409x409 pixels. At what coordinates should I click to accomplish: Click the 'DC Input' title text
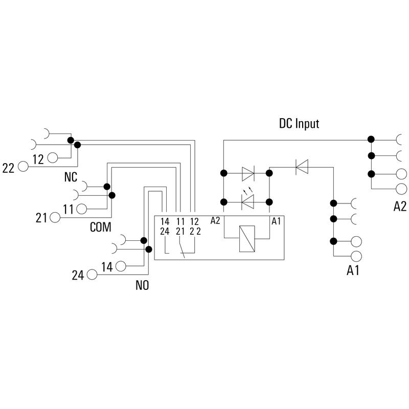pyautogui.click(x=299, y=124)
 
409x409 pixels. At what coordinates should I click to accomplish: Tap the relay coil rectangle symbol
pyautogui.click(x=247, y=239)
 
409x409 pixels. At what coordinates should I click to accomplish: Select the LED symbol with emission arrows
pyautogui.click(x=248, y=202)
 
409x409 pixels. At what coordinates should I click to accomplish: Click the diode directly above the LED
pyautogui.click(x=248, y=173)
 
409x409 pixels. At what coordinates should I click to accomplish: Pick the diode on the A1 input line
pyautogui.click(x=302, y=167)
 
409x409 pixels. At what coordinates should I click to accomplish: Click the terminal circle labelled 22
pyautogui.click(x=23, y=167)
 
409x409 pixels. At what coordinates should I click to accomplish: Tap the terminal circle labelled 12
pyautogui.click(x=53, y=157)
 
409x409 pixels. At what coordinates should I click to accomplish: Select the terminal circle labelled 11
pyautogui.click(x=82, y=209)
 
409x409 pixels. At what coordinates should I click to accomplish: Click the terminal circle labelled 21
pyautogui.click(x=55, y=217)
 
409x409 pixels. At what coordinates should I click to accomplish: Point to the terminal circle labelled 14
pyautogui.click(x=121, y=266)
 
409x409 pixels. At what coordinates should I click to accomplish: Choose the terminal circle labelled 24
pyautogui.click(x=92, y=275)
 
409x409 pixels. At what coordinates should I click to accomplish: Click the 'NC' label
pyautogui.click(x=71, y=177)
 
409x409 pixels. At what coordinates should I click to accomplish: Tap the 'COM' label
pyautogui.click(x=100, y=227)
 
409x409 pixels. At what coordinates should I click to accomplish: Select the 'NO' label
pyautogui.click(x=142, y=285)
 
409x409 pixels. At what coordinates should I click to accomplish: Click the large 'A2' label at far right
pyautogui.click(x=400, y=207)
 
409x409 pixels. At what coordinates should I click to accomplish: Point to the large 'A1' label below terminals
pyautogui.click(x=353, y=270)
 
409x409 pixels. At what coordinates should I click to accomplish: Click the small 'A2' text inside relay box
pyautogui.click(x=215, y=221)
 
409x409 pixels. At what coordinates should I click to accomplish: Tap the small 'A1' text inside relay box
pyautogui.click(x=276, y=221)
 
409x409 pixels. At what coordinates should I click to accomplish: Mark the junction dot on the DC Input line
pyautogui.click(x=371, y=139)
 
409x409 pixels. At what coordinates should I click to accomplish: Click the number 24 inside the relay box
pyautogui.click(x=165, y=231)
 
